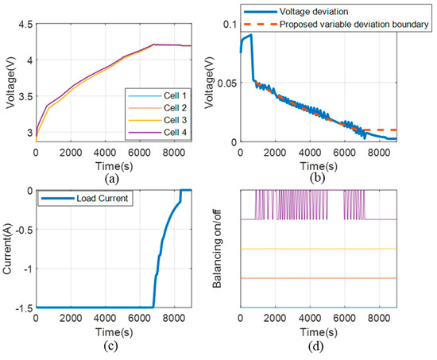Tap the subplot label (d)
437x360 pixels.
[x=317, y=352]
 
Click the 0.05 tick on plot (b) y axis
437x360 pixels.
[x=226, y=83]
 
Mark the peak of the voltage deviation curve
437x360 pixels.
[x=251, y=35]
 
